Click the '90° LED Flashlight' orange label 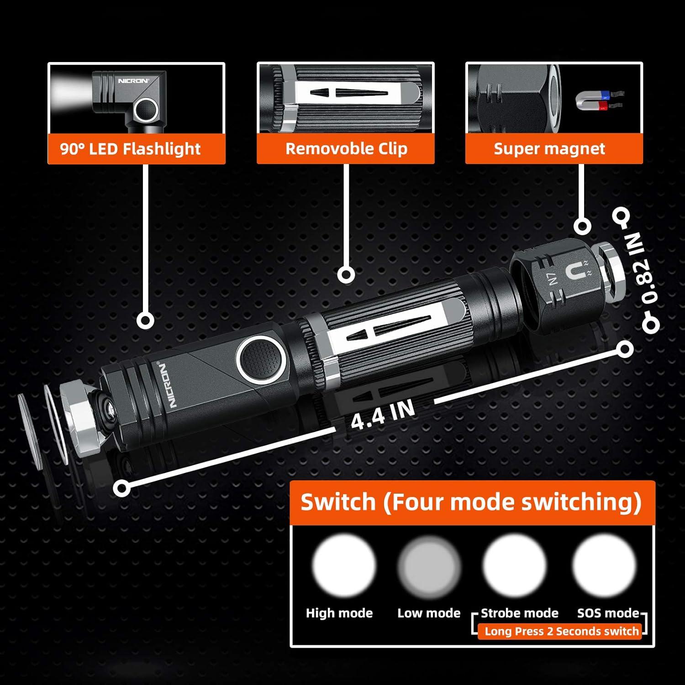(x=136, y=149)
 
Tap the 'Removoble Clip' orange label (x=346, y=149)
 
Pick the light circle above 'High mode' (x=343, y=564)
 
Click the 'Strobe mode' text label (x=519, y=613)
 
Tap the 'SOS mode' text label (x=607, y=613)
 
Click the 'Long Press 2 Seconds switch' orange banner (x=561, y=632)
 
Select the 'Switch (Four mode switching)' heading (x=471, y=502)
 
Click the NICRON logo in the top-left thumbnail (x=133, y=81)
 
